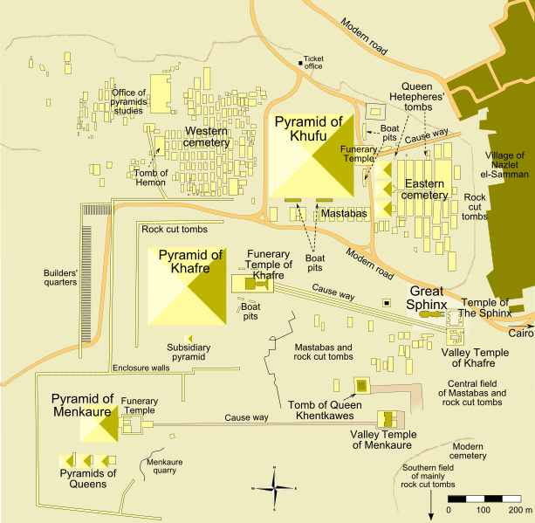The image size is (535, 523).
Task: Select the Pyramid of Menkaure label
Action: [82, 406]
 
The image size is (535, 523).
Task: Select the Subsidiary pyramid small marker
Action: [187, 338]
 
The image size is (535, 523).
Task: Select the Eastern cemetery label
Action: [424, 189]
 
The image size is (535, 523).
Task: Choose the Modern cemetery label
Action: [469, 451]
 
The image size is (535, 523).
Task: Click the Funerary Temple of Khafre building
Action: [253, 284]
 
